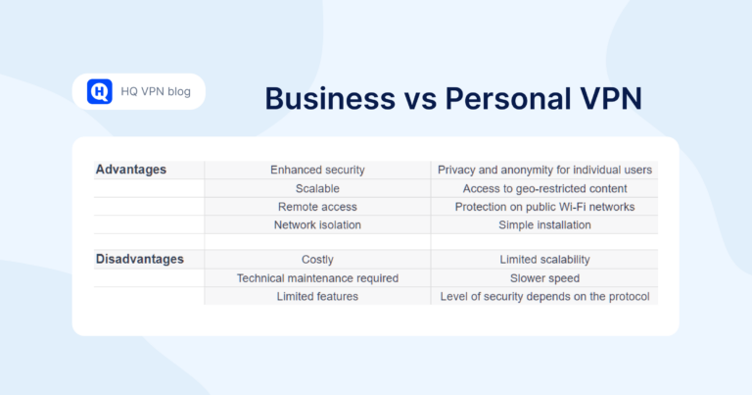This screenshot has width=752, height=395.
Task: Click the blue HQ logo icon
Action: coord(100,91)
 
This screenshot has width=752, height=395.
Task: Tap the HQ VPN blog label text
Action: coord(156,92)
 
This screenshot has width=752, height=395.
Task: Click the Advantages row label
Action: coord(131,170)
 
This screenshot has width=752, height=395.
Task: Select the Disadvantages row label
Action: coord(139,260)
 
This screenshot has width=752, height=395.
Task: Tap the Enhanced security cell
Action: coord(317,171)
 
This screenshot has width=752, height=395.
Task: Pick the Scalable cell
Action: coord(317,188)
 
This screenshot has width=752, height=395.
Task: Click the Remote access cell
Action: coord(317,207)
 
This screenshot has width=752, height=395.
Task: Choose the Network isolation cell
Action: coord(317,224)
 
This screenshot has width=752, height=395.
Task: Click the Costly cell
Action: coord(317,260)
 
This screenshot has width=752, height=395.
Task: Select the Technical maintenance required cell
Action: coord(317,278)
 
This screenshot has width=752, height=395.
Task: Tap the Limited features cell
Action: coord(317,296)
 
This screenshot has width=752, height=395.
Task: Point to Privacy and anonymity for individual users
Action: coord(544,171)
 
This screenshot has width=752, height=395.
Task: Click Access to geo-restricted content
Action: coord(544,188)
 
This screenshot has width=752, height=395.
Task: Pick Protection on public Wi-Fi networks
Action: coord(544,207)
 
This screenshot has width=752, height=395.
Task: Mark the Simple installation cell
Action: coord(544,224)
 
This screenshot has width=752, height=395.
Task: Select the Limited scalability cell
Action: coord(544,260)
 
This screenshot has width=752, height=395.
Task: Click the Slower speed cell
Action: coord(544,278)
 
